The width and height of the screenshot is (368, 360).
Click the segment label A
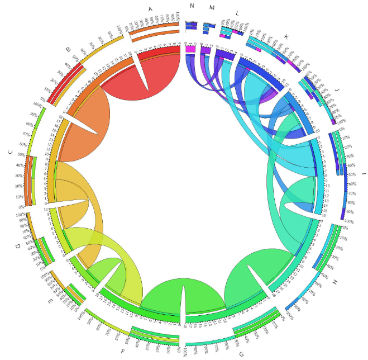(x=150, y=9)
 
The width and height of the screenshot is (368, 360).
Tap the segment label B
(x=68, y=50)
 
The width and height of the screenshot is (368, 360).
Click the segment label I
(x=364, y=175)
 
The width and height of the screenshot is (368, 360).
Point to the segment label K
(x=286, y=37)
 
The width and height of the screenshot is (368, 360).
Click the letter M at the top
(x=211, y=7)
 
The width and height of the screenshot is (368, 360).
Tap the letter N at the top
(x=192, y=6)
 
